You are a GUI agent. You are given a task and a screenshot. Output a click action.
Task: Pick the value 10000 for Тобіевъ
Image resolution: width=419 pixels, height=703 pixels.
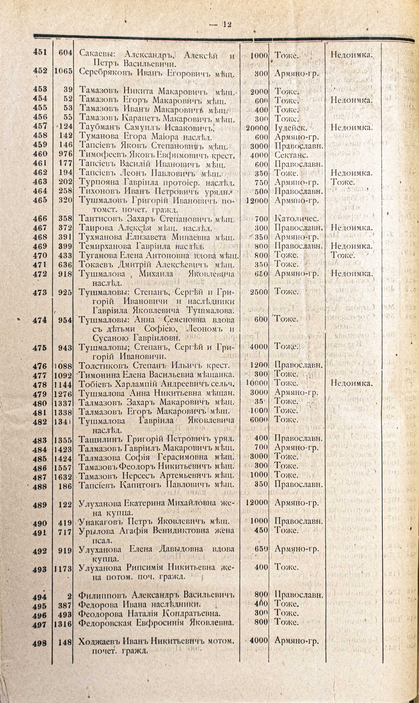pos(257,383)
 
